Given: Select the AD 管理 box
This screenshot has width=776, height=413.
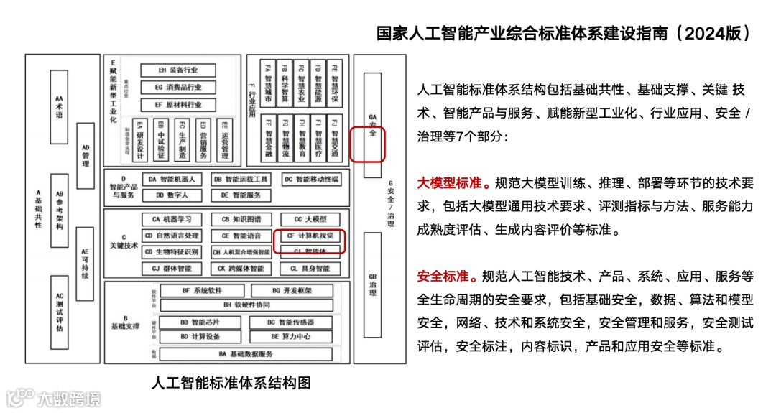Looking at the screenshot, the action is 86,155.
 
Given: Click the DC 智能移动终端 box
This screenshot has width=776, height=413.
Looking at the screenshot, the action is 310,179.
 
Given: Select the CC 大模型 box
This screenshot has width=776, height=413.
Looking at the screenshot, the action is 310,219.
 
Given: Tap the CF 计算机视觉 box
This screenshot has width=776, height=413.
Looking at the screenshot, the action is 310,236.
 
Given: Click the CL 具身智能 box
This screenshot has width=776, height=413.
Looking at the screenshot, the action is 310,269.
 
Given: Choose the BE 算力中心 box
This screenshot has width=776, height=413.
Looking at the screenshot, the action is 290,336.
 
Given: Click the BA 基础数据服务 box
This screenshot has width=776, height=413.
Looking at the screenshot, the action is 246,354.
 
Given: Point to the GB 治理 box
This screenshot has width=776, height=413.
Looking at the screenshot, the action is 372,284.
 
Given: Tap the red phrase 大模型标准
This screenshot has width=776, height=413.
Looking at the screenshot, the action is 450,182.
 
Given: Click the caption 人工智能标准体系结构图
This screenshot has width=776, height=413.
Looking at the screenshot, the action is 231,382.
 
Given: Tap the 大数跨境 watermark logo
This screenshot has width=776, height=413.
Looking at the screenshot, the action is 54,397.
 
